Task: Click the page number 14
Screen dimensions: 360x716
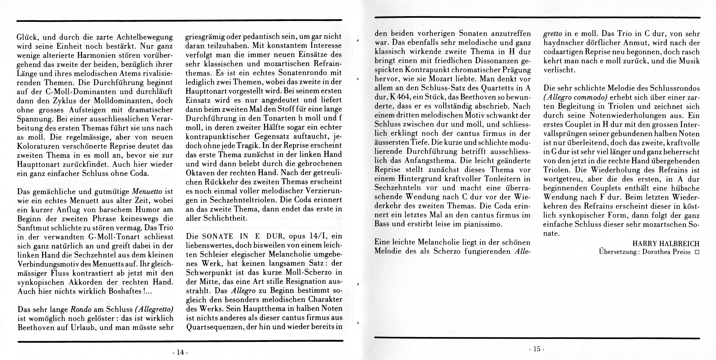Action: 180,352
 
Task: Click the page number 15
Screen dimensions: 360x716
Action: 537,349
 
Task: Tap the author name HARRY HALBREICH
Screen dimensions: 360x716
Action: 666,244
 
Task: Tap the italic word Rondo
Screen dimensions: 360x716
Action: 81,309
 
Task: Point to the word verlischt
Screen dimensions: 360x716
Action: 559,70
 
